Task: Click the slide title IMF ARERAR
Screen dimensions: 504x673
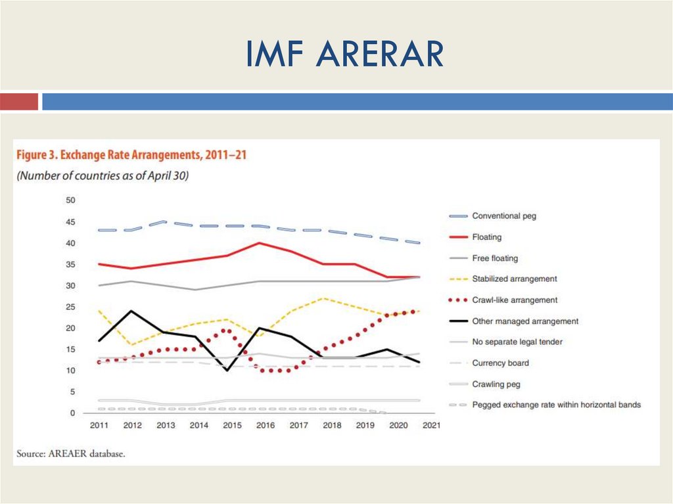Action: point(344,54)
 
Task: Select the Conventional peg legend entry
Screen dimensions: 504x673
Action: point(504,216)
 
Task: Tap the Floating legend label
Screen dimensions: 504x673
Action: point(486,237)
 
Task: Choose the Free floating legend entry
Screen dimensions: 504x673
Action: point(495,258)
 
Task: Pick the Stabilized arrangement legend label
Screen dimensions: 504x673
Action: point(515,279)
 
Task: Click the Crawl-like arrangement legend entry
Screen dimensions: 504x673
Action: point(515,300)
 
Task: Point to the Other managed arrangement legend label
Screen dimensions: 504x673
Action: point(525,321)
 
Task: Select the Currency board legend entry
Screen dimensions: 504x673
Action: point(500,363)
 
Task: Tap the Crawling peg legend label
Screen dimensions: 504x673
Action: point(496,384)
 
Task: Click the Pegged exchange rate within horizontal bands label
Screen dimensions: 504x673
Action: point(556,405)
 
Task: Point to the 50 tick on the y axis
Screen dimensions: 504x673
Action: point(70,200)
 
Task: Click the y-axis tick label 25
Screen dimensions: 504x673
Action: point(70,307)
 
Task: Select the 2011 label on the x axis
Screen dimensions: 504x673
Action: point(99,426)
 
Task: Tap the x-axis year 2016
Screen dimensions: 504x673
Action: point(265,426)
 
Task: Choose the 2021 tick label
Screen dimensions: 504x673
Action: point(431,426)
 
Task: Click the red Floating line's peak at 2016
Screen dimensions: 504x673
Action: point(260,243)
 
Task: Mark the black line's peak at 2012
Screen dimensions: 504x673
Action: point(132,311)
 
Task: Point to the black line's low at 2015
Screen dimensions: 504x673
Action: point(227,370)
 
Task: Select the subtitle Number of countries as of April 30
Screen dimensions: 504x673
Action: point(103,176)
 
